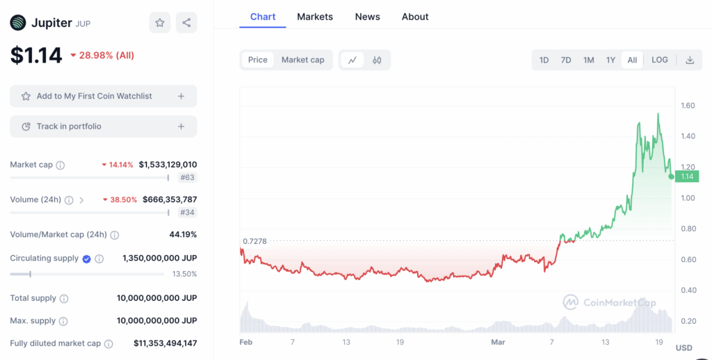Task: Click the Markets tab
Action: pyautogui.click(x=315, y=17)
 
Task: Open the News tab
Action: pyautogui.click(x=367, y=17)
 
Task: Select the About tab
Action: pyautogui.click(x=415, y=17)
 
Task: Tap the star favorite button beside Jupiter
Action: pyautogui.click(x=160, y=23)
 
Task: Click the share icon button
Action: pyautogui.click(x=186, y=23)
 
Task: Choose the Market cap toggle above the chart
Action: pyautogui.click(x=302, y=60)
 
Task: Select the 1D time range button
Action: pyautogui.click(x=544, y=60)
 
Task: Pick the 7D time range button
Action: pyautogui.click(x=566, y=60)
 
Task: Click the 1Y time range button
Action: pyautogui.click(x=610, y=60)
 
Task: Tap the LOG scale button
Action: pyautogui.click(x=659, y=60)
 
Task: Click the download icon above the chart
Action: pyautogui.click(x=690, y=60)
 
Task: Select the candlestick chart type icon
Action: pyautogui.click(x=377, y=60)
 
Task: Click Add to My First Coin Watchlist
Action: pyautogui.click(x=103, y=96)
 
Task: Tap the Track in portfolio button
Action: pyautogui.click(x=103, y=126)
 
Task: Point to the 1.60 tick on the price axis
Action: pyautogui.click(x=688, y=106)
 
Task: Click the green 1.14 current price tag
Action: pyautogui.click(x=687, y=177)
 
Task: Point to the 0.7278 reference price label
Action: pyautogui.click(x=254, y=241)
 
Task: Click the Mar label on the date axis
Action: pyautogui.click(x=498, y=342)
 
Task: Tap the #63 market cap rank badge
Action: pyautogui.click(x=188, y=177)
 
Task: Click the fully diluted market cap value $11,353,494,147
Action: pyautogui.click(x=165, y=343)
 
